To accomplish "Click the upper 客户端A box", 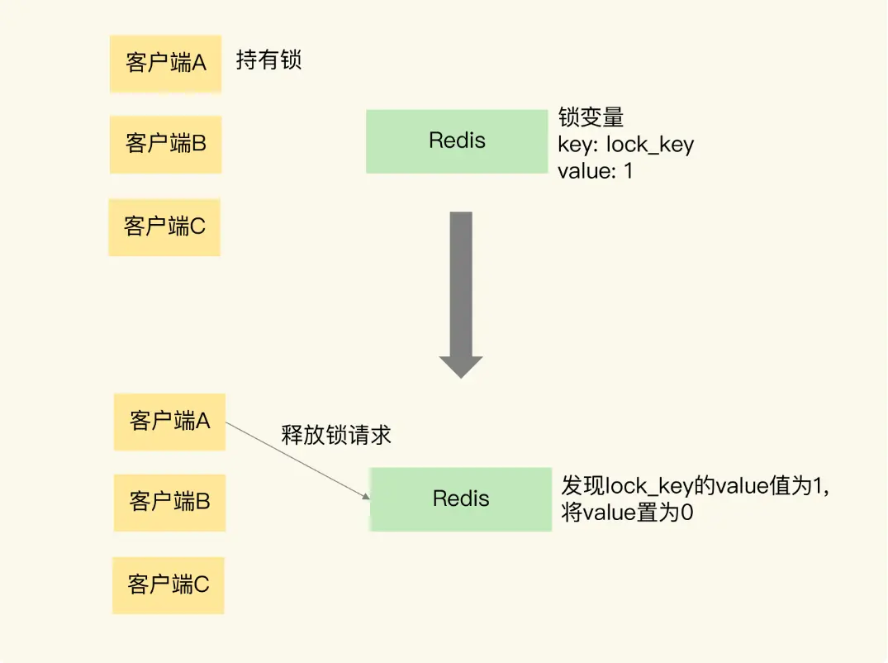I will [165, 64].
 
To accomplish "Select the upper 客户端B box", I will [165, 145].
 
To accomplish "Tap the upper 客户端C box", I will [164, 227].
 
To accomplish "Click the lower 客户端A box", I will [169, 422].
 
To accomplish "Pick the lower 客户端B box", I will [169, 503].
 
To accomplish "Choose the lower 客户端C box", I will [169, 585].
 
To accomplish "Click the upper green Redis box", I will [457, 141].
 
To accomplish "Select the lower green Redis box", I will [461, 499].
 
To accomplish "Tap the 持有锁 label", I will [268, 61].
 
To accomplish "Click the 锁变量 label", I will [590, 117].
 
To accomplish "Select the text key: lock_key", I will [625, 145].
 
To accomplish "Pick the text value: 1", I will [595, 172].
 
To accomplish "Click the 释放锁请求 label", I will [336, 436].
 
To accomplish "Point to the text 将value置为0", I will [627, 513].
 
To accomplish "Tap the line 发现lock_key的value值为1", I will [694, 485].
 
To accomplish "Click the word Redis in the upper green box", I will [457, 141].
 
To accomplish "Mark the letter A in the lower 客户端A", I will [203, 422].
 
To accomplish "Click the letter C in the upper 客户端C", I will [198, 227].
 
